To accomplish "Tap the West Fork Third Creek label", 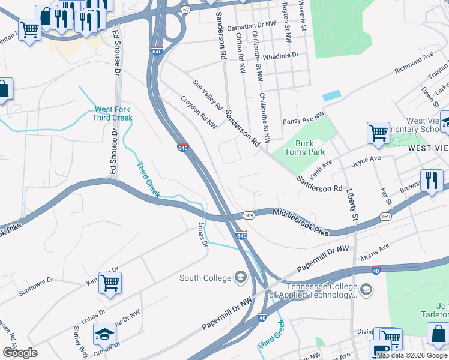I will tap(112, 113).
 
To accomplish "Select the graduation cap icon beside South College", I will tap(241, 277).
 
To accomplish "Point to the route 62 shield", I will tap(185, 10).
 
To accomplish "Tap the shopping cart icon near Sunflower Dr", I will tap(110, 282).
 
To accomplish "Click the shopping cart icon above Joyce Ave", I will tap(378, 133).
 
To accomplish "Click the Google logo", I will tap(20, 352).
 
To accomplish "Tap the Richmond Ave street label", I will tap(414, 63).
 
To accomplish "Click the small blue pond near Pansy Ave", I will tap(331, 95).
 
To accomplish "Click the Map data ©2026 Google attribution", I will tap(412, 355).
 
